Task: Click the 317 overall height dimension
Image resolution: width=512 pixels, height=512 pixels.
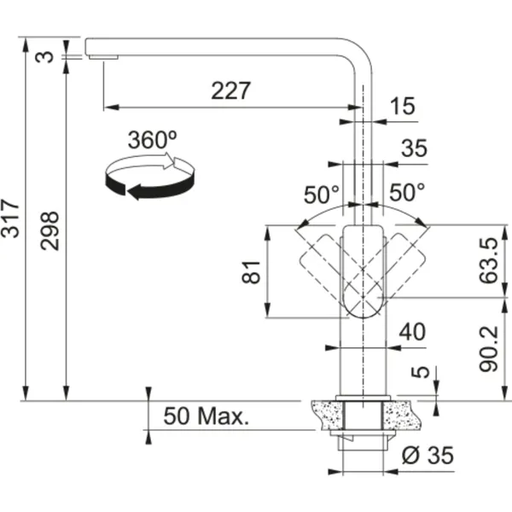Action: click(9, 218)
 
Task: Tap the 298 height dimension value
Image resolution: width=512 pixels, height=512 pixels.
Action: click(49, 231)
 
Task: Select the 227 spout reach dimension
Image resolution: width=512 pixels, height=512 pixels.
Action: click(231, 90)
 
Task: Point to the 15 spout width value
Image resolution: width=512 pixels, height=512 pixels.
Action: click(403, 106)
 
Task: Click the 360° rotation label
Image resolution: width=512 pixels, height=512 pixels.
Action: click(153, 140)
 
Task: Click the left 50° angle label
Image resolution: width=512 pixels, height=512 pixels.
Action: click(322, 195)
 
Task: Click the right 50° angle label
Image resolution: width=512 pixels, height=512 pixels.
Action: click(407, 192)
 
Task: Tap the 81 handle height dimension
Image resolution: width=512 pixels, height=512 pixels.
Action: click(251, 272)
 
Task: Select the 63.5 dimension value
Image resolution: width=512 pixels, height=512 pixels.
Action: click(489, 260)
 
